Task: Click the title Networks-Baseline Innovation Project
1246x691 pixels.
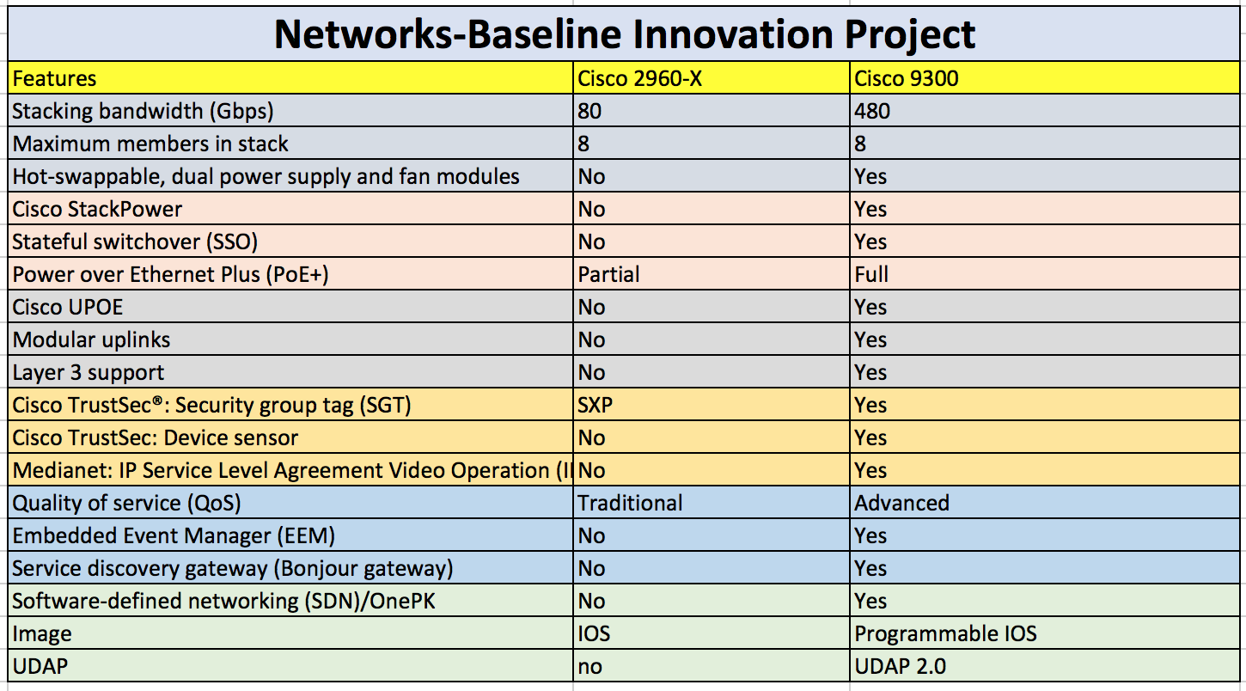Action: pyautogui.click(x=625, y=34)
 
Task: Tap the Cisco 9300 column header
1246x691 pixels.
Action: pyautogui.click(x=907, y=79)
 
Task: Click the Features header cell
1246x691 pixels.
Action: pyautogui.click(x=54, y=79)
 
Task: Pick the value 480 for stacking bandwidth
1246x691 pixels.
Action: pyautogui.click(x=872, y=112)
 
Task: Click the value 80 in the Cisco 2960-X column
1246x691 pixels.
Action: pyautogui.click(x=590, y=112)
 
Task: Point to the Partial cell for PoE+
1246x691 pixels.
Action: pyautogui.click(x=609, y=275)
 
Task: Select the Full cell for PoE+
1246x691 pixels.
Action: pyautogui.click(x=871, y=275)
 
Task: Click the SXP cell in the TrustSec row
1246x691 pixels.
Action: pyautogui.click(x=596, y=406)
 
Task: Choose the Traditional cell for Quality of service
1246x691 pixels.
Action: pyautogui.click(x=631, y=504)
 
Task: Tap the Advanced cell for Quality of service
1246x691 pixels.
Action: pyautogui.click(x=902, y=504)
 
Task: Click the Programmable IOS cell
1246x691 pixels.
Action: pyautogui.click(x=946, y=634)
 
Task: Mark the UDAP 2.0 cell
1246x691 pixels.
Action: pyautogui.click(x=901, y=667)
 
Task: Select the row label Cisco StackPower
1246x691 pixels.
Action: pyautogui.click(x=97, y=210)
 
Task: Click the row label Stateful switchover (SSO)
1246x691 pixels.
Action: pyautogui.click(x=135, y=242)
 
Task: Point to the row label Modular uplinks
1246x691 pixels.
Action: pyautogui.click(x=91, y=340)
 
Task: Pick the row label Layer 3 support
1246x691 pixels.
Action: pyautogui.click(x=89, y=373)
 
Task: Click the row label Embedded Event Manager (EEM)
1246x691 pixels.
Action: pyautogui.click(x=174, y=536)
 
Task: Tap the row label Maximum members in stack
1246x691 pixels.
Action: pyautogui.click(x=150, y=144)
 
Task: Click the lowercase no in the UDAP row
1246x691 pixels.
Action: pyautogui.click(x=590, y=667)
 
